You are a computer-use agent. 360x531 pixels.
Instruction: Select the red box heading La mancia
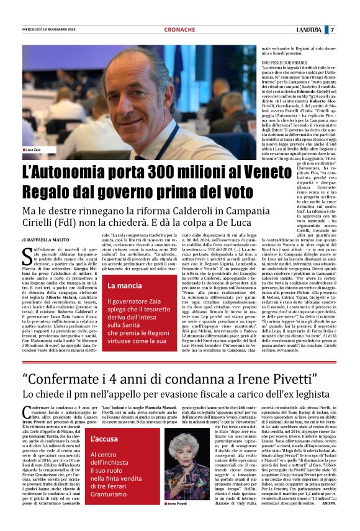click(x=124, y=286)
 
